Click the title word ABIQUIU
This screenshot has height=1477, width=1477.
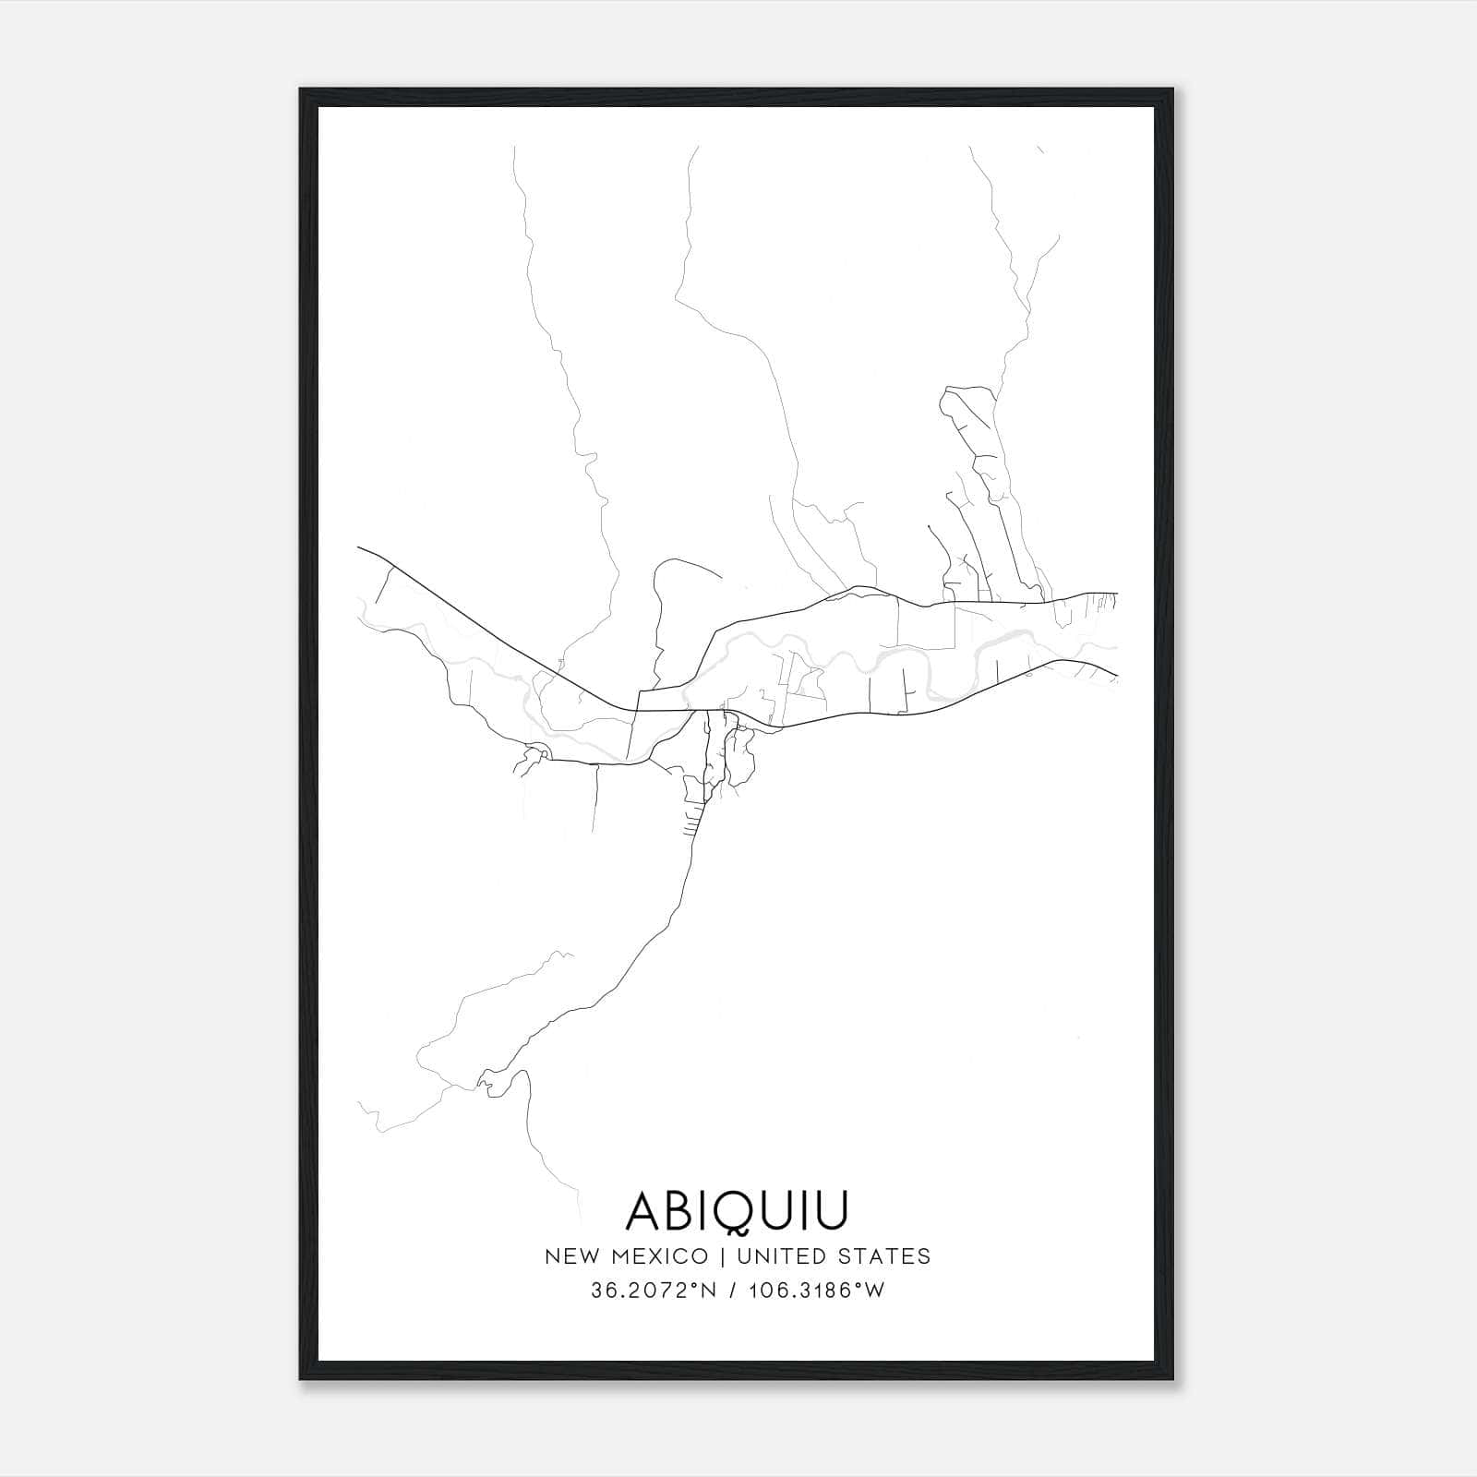coord(737,1210)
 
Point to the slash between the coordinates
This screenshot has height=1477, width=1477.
coord(733,1291)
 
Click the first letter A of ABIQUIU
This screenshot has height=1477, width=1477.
coord(644,1210)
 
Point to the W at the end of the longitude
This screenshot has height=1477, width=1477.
coord(876,1291)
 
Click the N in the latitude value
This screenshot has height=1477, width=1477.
coord(711,1291)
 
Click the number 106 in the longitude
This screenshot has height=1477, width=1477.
coord(766,1291)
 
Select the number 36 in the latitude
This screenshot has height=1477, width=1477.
coord(601,1291)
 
